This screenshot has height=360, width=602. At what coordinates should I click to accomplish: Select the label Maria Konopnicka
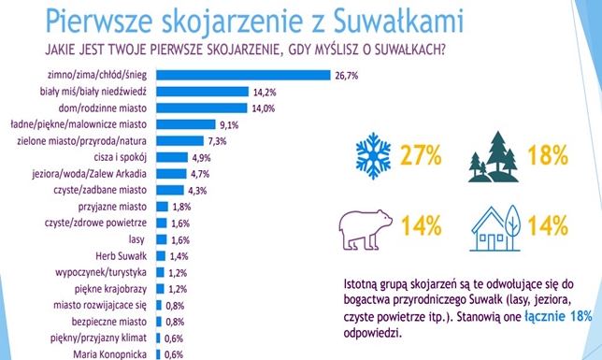click(x=112, y=353)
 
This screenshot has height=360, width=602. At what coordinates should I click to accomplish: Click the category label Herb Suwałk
click(x=122, y=255)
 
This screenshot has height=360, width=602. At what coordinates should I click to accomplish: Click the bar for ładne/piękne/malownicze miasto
click(x=183, y=124)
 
